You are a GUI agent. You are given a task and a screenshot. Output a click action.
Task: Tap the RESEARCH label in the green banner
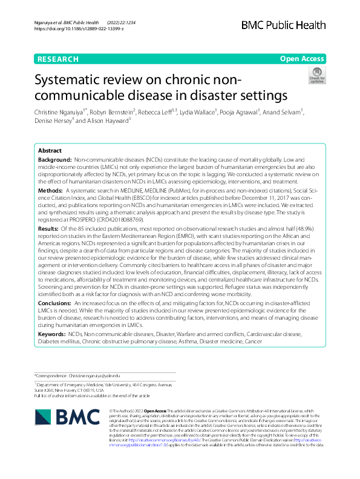[x=57, y=59]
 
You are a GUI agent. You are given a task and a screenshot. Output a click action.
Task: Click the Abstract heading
[x=50, y=151]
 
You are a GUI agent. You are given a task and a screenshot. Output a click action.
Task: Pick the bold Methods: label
[x=51, y=190]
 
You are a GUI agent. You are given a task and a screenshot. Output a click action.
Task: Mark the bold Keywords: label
[x=53, y=334]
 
